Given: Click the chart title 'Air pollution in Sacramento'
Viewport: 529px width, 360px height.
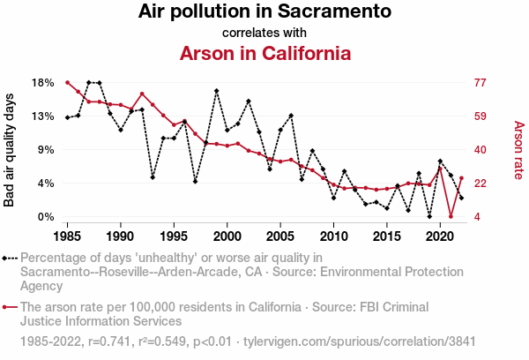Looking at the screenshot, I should [264, 12].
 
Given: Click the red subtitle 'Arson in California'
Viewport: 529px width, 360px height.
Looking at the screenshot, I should [264, 53].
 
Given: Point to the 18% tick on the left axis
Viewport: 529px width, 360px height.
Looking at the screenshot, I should [43, 82].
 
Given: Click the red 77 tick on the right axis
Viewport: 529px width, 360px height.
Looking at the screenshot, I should [481, 82].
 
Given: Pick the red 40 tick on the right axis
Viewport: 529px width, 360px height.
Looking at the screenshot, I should [481, 149].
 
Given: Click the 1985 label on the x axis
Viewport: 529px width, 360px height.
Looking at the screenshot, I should [67, 236].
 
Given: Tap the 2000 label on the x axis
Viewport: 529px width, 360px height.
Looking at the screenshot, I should [227, 236].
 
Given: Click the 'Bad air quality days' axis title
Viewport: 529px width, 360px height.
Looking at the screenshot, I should [10, 149].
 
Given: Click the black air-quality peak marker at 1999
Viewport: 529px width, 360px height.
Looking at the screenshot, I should [216, 91].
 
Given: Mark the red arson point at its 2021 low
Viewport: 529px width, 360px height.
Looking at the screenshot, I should [451, 216].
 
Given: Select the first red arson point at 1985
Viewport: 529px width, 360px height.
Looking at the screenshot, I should [67, 82].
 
